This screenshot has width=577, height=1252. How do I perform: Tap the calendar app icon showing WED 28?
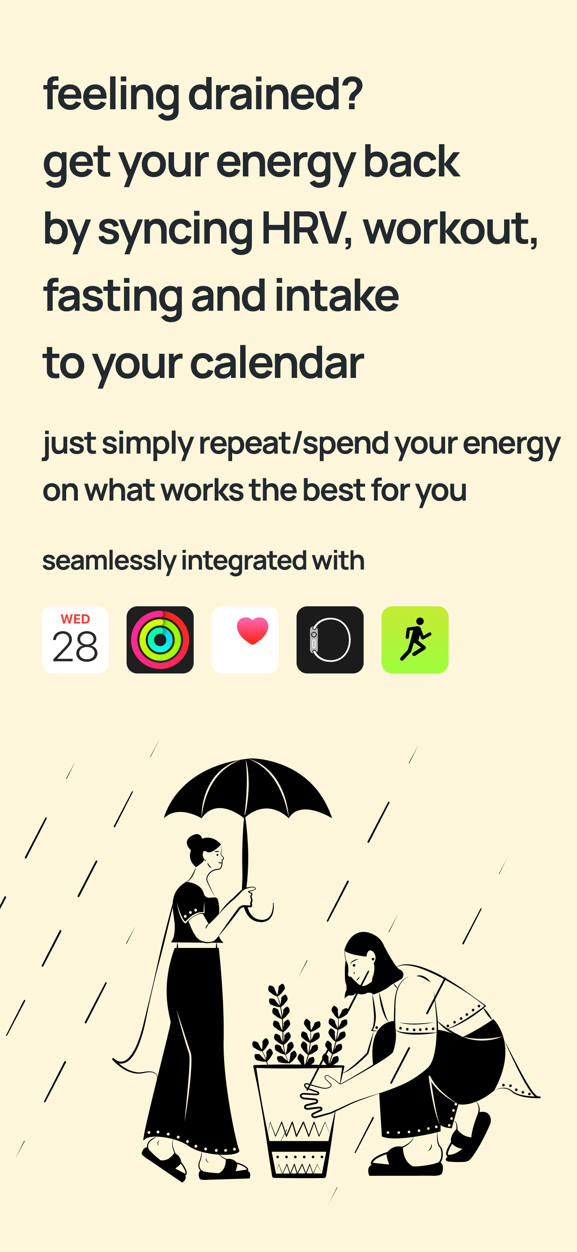tap(75, 639)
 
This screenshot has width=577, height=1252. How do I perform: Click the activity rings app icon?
tap(160, 639)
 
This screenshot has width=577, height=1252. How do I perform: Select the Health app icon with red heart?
tap(245, 639)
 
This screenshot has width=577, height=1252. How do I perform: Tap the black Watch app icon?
tap(330, 639)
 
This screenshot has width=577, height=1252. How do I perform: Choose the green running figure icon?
tap(415, 639)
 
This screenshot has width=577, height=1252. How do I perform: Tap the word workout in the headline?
tap(450, 228)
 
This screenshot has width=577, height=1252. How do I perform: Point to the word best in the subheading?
tap(334, 489)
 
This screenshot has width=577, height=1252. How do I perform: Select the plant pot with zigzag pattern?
tap(299, 1121)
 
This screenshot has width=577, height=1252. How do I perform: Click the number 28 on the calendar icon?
tap(75, 647)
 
